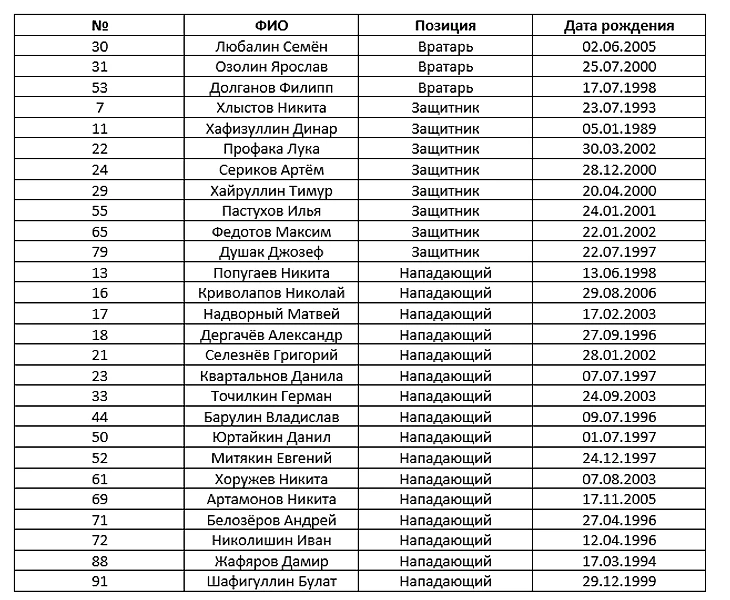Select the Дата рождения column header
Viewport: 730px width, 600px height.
[x=618, y=26]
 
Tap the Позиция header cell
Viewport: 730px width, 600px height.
[x=445, y=26]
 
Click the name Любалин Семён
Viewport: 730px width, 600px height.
[x=272, y=46]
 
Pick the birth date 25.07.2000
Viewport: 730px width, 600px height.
[x=618, y=67]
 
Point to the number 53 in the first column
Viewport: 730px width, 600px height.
[x=99, y=88]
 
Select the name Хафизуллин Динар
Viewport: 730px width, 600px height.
[x=272, y=129]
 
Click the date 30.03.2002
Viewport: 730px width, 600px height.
[x=618, y=149]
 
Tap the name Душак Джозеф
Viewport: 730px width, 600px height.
[x=272, y=252]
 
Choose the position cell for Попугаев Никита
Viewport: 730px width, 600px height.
[x=445, y=273]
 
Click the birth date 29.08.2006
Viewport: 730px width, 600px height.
[x=618, y=293]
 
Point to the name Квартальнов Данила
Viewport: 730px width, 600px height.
[x=272, y=376]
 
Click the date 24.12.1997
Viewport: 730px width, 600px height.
[x=618, y=458]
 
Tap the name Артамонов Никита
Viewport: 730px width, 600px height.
[x=272, y=499]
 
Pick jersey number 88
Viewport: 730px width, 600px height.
[x=99, y=561]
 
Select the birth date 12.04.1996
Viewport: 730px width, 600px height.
[x=618, y=540]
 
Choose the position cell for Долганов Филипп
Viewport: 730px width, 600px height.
[x=445, y=88]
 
